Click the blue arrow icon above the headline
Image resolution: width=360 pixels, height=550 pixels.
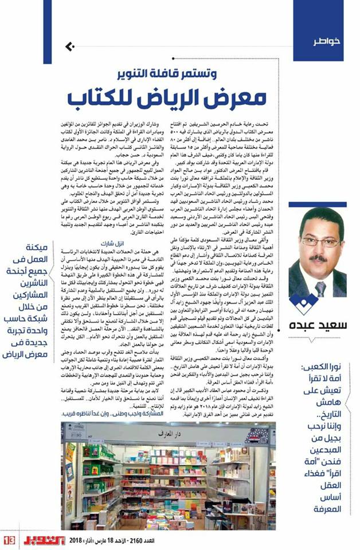(x=70, y=46)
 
